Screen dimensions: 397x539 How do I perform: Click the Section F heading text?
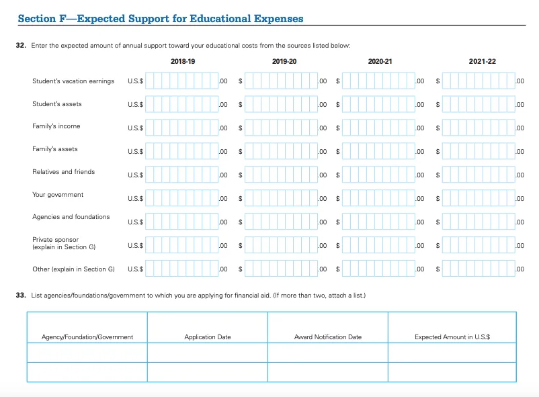point(161,19)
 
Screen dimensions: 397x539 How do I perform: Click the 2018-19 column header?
point(183,61)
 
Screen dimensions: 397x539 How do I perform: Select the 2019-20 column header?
point(284,61)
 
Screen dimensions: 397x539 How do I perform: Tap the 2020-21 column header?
point(380,61)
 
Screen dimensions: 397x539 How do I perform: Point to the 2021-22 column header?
point(483,61)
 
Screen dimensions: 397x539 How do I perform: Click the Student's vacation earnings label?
point(73,81)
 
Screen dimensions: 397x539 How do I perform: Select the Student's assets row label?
point(57,104)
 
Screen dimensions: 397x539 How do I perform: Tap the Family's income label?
point(56,126)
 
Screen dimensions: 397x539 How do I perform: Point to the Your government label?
point(58,195)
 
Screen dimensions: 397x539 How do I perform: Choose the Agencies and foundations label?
point(71,217)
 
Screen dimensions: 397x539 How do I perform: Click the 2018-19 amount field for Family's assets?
point(182,150)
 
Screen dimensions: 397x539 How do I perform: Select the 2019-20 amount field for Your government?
point(282,199)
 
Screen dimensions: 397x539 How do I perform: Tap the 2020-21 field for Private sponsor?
point(380,245)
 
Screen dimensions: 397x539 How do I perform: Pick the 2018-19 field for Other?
point(182,269)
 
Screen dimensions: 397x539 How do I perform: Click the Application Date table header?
point(208,337)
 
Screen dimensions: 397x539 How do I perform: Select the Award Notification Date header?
point(328,337)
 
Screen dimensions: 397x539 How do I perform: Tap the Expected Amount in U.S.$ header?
point(452,337)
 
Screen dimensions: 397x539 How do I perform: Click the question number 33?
point(21,296)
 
